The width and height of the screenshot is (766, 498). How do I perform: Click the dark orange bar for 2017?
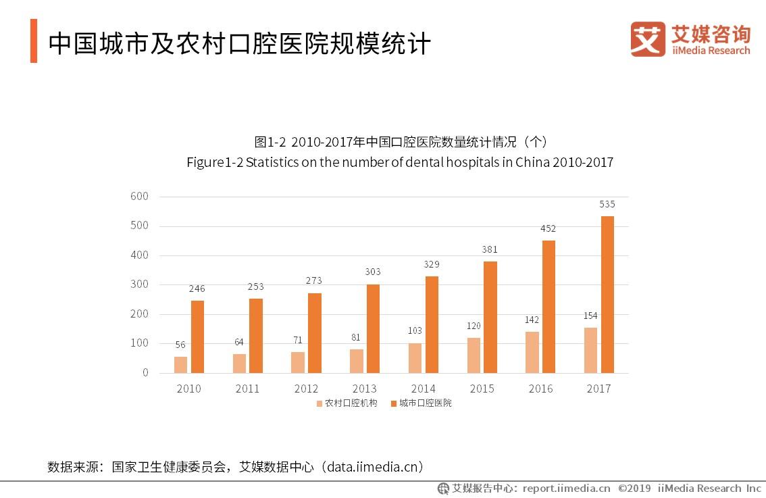click(x=607, y=295)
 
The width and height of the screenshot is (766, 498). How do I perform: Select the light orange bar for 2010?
click(x=180, y=364)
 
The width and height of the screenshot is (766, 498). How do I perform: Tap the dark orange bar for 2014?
click(x=432, y=324)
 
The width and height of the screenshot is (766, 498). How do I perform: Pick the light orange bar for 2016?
click(x=532, y=352)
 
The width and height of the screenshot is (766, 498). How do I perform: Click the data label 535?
click(x=607, y=204)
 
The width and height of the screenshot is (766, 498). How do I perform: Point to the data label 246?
click(x=197, y=289)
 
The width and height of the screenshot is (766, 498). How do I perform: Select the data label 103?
click(x=415, y=330)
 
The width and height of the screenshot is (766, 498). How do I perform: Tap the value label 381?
click(x=490, y=249)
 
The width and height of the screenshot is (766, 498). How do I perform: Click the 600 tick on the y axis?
click(x=139, y=197)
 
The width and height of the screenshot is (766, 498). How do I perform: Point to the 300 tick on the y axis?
click(x=139, y=284)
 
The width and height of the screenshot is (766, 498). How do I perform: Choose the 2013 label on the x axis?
click(x=365, y=389)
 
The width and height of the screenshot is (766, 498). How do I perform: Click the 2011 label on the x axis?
click(x=247, y=389)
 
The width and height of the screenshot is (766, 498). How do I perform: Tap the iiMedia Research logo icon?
click(x=647, y=39)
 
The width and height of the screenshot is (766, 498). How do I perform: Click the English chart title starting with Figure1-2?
click(x=399, y=163)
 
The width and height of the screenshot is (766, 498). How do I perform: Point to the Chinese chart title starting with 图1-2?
click(x=399, y=142)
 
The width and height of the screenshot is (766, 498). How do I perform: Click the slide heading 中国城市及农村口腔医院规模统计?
click(x=239, y=43)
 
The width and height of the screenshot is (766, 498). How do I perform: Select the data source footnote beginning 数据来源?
click(x=236, y=467)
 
